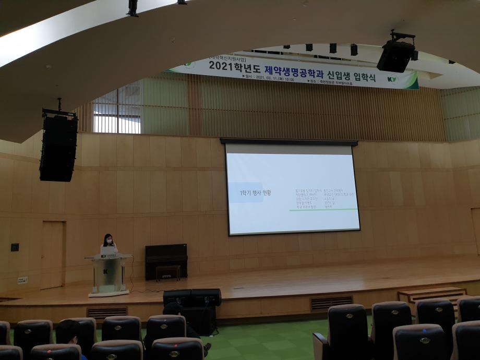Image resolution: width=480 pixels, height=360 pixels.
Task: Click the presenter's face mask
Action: click(x=109, y=242)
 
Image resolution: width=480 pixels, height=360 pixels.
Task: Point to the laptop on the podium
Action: click(x=109, y=251)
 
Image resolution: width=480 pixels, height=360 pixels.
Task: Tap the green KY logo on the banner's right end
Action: click(x=392, y=79)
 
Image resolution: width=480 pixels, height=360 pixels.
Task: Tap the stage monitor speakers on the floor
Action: click(x=191, y=297)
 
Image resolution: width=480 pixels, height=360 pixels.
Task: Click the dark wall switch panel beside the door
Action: click(x=15, y=247)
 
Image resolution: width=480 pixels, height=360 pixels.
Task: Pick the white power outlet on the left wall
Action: click(x=22, y=280)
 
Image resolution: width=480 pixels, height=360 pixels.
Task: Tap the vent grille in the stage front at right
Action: click(x=331, y=303)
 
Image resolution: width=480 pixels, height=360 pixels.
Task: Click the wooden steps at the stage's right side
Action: click(x=432, y=294)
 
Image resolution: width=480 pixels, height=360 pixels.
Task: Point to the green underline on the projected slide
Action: click(x=323, y=210)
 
